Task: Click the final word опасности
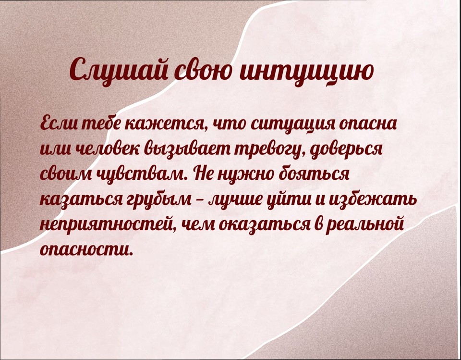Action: pos(85,250)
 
